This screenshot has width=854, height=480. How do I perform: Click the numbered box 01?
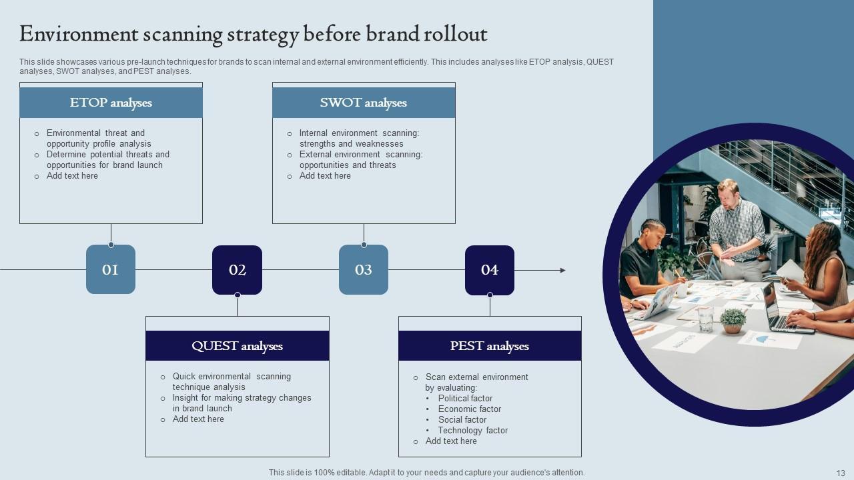point(111,269)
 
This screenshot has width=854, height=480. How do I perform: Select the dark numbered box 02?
point(237,269)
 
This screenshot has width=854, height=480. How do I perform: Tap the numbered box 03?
point(364,269)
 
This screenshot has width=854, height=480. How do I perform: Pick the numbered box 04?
point(490,269)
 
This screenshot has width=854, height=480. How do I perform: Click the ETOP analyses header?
point(111,103)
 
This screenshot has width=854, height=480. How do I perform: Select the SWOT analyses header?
point(364,103)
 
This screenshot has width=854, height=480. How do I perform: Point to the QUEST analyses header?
point(237,346)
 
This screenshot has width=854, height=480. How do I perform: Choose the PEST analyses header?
point(490,346)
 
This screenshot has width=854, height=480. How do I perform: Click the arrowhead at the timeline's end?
point(562,270)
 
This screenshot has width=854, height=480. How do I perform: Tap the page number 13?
point(840,472)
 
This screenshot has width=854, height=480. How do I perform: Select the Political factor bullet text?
point(465,399)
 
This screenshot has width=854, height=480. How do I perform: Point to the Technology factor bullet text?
point(472,431)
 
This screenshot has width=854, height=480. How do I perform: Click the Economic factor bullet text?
point(469,409)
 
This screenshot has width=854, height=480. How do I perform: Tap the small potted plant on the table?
point(733,319)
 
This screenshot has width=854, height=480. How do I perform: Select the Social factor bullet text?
point(462,420)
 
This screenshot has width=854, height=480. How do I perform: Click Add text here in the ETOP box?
point(72,176)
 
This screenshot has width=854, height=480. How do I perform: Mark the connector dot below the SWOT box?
point(364,245)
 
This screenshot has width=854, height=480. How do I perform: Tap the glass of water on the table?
point(705,319)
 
